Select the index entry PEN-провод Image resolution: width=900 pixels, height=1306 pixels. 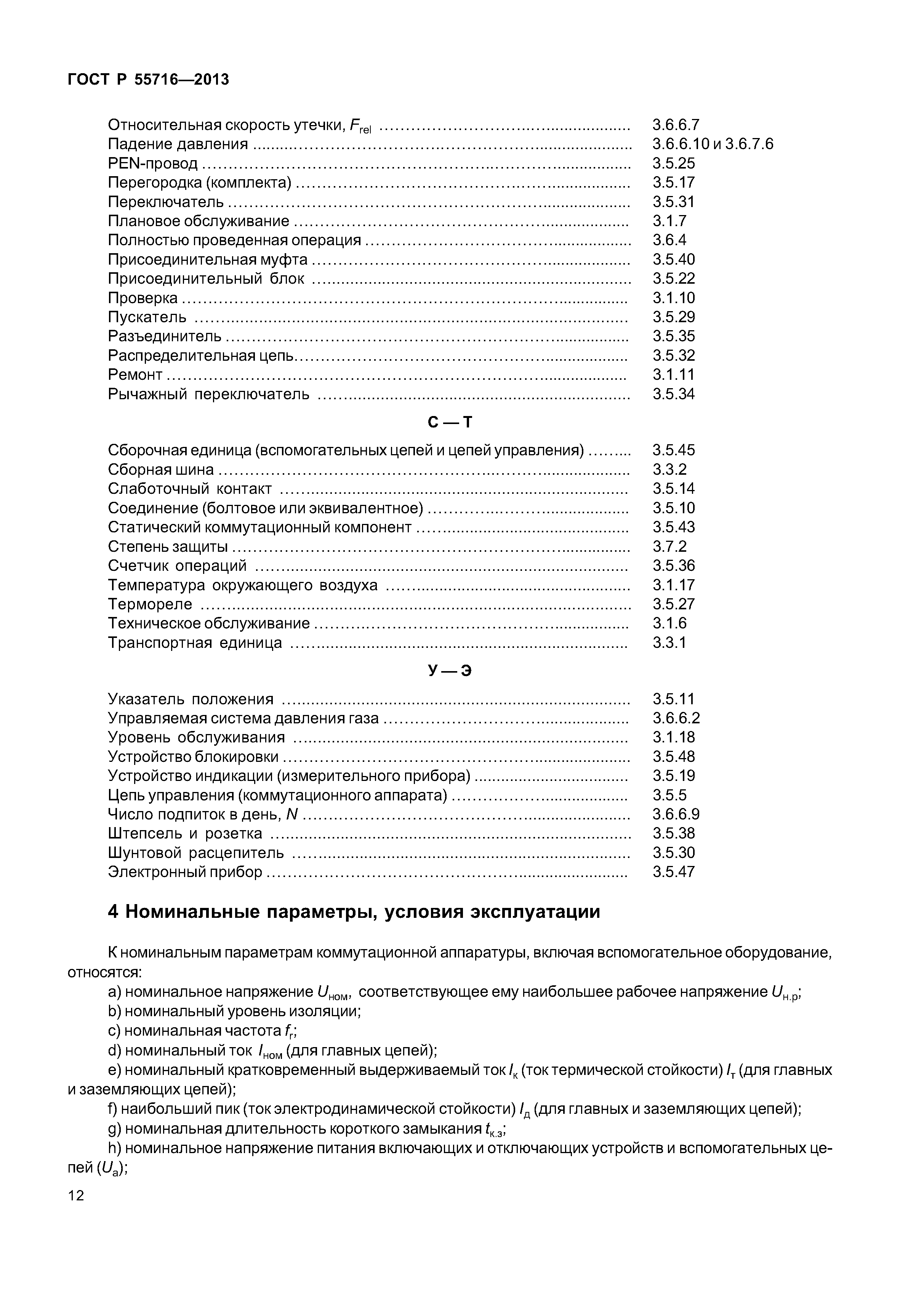click(x=152, y=163)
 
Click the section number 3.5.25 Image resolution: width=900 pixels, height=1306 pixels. click(x=673, y=163)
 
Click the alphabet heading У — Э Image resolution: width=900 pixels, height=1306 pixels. click(x=450, y=670)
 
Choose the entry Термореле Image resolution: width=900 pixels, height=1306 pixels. click(x=150, y=604)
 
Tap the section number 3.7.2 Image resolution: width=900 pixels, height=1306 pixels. click(x=669, y=546)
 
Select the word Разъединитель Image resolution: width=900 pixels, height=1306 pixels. click(x=165, y=336)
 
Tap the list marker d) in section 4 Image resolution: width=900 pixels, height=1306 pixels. click(x=114, y=1051)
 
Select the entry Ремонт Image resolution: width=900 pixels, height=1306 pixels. click(x=135, y=375)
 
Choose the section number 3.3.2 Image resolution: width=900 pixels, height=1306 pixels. click(x=669, y=469)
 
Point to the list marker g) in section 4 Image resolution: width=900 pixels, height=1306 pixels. click(x=114, y=1128)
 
